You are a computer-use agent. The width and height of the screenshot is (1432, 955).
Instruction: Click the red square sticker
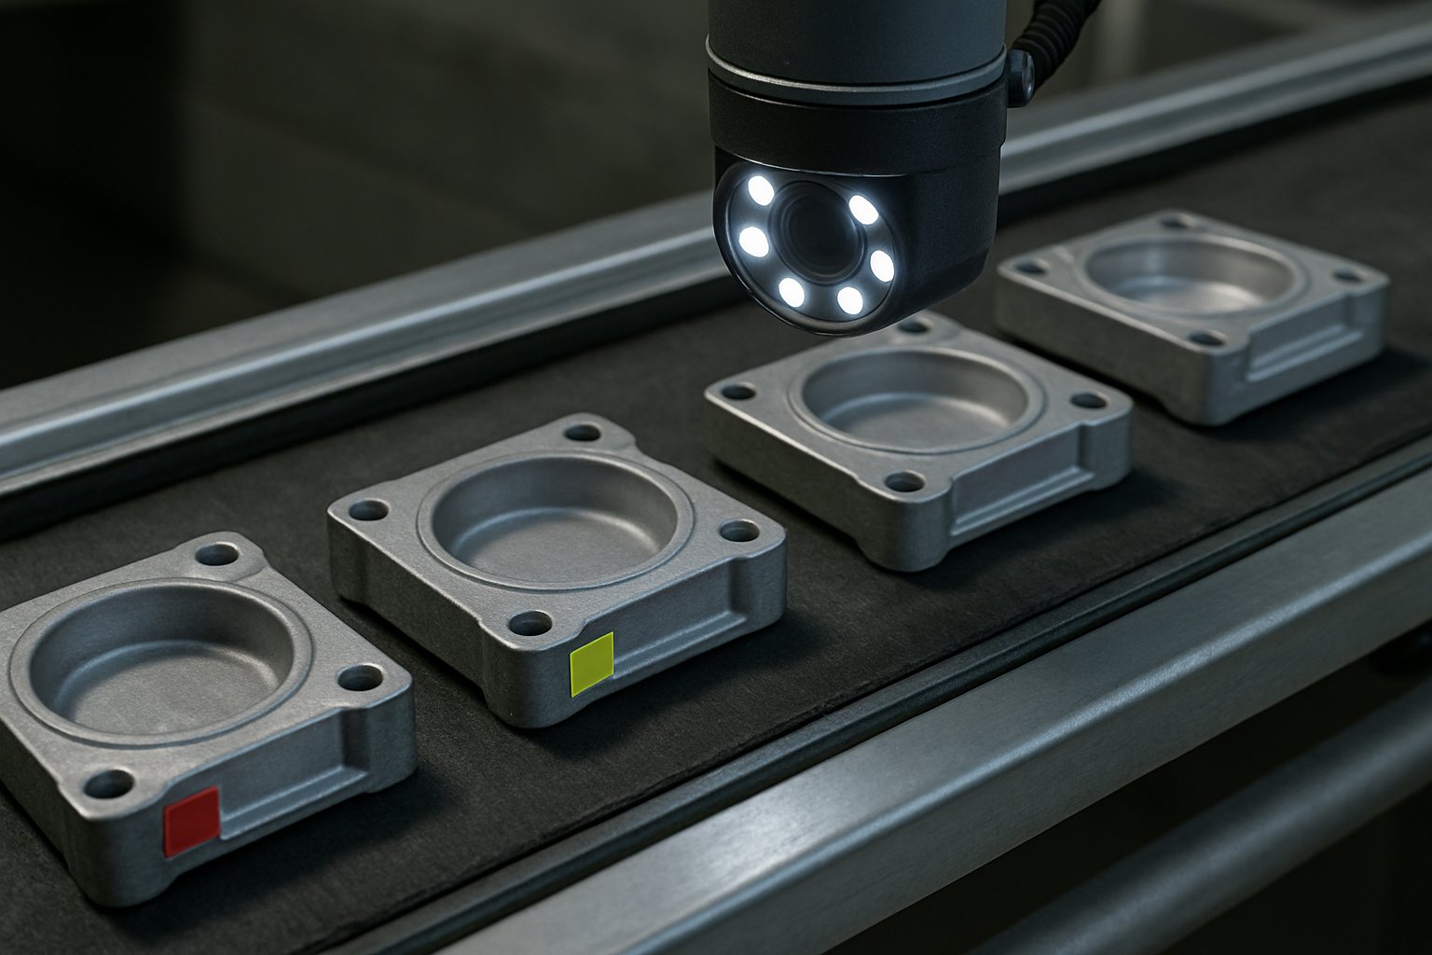pos(192,821)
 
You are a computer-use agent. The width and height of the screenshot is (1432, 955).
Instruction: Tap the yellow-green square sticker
pos(592,663)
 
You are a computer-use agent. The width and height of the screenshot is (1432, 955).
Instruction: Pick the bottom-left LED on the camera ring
pos(792,293)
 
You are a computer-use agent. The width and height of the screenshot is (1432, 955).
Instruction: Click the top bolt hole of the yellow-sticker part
pos(583,433)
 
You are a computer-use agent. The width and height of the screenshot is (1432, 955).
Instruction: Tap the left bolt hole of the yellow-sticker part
pos(369,510)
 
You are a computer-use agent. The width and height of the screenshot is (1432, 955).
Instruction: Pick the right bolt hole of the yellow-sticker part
pos(739,532)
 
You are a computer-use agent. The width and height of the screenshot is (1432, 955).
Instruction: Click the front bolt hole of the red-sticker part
pos(108,784)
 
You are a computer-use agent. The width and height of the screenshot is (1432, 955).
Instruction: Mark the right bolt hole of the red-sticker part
pos(358,678)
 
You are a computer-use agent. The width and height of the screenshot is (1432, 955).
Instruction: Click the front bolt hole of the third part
pos(902,482)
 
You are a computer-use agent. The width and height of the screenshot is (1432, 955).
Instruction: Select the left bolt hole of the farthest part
pos(1031,269)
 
